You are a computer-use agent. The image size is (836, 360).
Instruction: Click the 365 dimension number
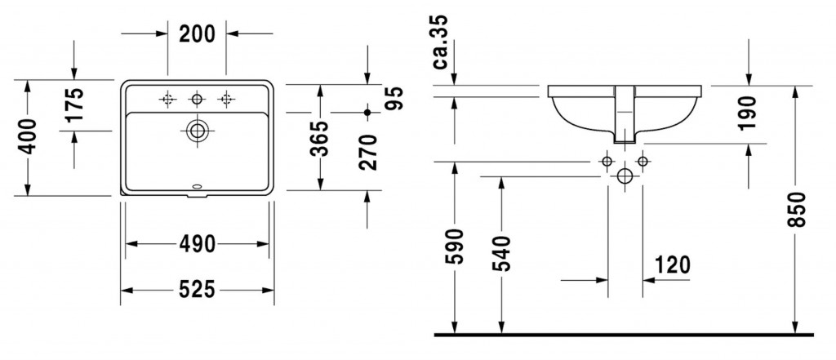319,138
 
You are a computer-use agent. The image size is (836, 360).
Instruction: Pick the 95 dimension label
394,98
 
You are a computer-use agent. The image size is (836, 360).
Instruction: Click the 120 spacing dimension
671,264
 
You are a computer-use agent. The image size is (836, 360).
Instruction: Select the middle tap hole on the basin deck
196,100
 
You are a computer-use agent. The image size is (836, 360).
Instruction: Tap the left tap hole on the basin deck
167,100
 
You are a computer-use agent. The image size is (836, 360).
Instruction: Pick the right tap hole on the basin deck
225,100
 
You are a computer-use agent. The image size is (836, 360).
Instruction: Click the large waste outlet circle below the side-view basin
625,176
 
